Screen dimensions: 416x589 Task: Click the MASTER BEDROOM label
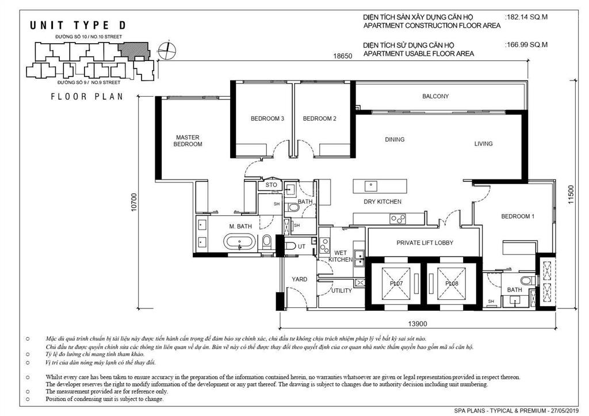188,140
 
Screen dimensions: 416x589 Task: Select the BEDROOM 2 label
319,119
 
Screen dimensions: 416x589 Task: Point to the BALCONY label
435,96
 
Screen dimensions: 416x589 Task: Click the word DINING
395,139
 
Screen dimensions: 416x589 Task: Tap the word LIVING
483,143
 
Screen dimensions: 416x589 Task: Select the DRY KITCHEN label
383,201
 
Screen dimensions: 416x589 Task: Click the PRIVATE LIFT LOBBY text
424,243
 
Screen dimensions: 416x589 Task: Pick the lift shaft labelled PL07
395,283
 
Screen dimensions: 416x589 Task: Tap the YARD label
299,279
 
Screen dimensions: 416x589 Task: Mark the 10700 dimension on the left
134,201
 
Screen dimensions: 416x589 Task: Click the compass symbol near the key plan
167,49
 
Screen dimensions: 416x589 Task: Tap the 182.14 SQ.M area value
526,17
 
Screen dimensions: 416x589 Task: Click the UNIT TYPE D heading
77,25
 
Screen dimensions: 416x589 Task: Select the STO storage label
271,185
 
